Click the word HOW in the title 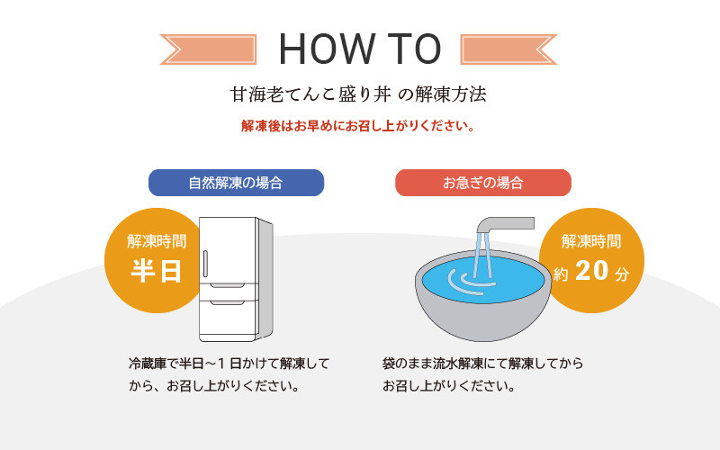[327, 49]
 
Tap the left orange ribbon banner [208, 49]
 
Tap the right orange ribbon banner [508, 49]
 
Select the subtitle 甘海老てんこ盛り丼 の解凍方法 [358, 94]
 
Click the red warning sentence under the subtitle [358, 126]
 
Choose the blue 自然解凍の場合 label [236, 183]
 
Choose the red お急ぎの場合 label [483, 183]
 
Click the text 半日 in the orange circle [157, 271]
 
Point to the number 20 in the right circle [592, 271]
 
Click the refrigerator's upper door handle [205, 264]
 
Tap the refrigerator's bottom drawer [229, 320]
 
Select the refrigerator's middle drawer [229, 291]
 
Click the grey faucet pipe [504, 225]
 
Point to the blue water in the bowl [483, 280]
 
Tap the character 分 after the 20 [622, 274]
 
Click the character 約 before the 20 [561, 274]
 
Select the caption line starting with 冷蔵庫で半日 [229, 364]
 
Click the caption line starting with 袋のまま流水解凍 [482, 364]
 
